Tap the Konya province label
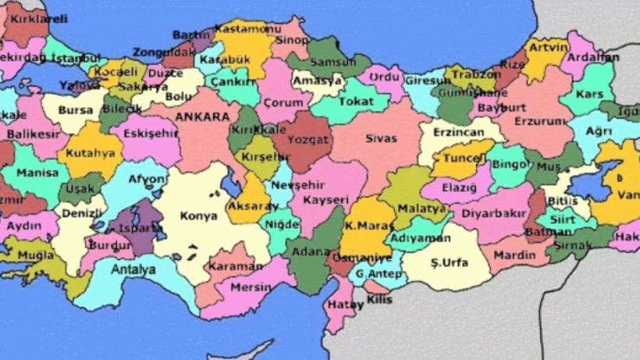[x=199, y=216]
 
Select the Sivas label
[x=381, y=138]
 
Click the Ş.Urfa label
[x=450, y=262]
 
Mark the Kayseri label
[x=325, y=200]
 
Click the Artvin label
[x=548, y=47]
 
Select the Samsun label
[x=332, y=62]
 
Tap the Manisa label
[x=37, y=173]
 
